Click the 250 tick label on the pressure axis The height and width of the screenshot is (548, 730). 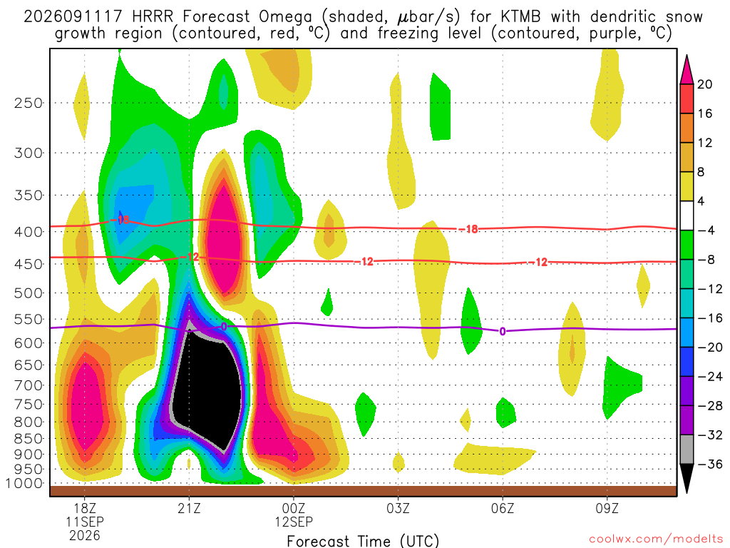click(29, 103)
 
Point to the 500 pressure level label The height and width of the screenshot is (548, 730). click(29, 293)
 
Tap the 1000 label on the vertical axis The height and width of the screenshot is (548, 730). click(24, 484)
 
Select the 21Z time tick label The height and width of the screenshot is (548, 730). click(189, 508)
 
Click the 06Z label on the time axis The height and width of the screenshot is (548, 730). click(503, 508)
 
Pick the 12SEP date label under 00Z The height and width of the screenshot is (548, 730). click(294, 522)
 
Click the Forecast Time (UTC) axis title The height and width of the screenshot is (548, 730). click(363, 541)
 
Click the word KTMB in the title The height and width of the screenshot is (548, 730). click(520, 17)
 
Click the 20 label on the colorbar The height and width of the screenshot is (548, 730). click(704, 84)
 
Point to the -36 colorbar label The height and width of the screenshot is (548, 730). click(709, 464)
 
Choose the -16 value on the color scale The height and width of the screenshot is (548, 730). click(709, 318)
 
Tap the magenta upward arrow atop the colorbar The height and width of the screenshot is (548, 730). click(687, 70)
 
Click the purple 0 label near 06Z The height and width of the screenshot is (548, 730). click(503, 332)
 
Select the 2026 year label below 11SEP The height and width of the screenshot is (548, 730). click(84, 535)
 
